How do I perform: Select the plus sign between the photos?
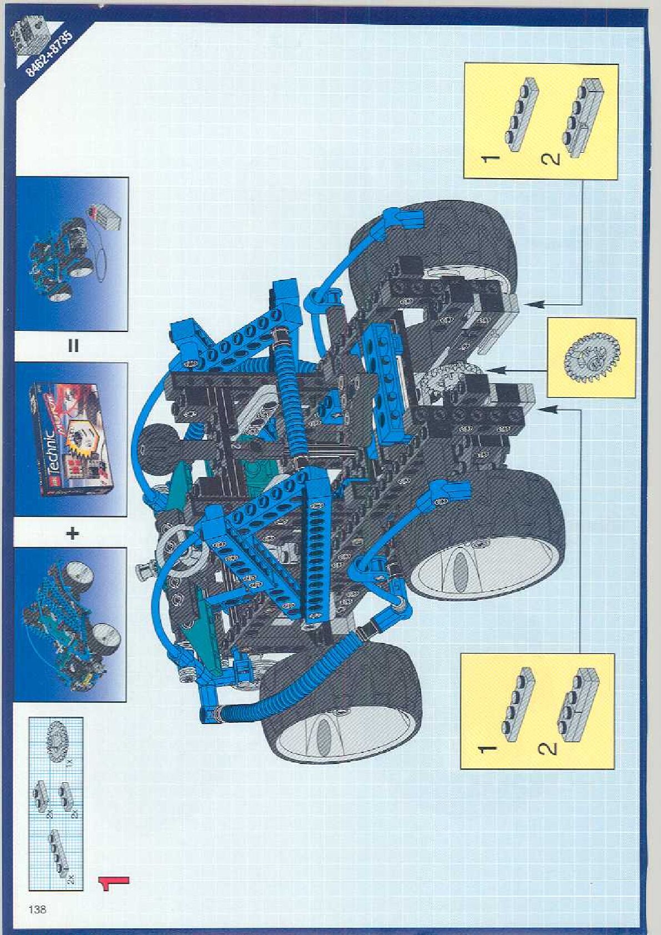tap(73, 533)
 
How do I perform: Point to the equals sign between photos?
tap(73, 346)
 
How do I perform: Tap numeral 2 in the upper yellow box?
tap(550, 160)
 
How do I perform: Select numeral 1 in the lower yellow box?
tap(488, 749)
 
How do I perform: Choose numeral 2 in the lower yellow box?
tap(547, 749)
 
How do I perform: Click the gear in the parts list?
tap(58, 739)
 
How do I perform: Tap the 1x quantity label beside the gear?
tap(70, 762)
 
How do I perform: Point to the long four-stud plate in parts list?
tap(58, 852)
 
